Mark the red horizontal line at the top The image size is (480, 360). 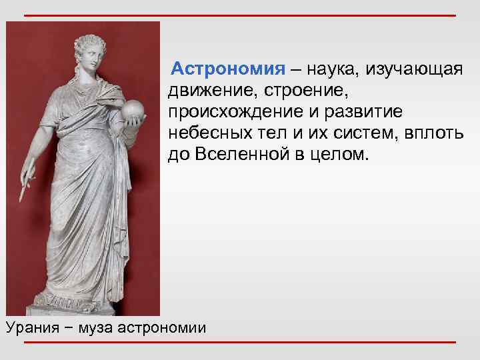[240, 15]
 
